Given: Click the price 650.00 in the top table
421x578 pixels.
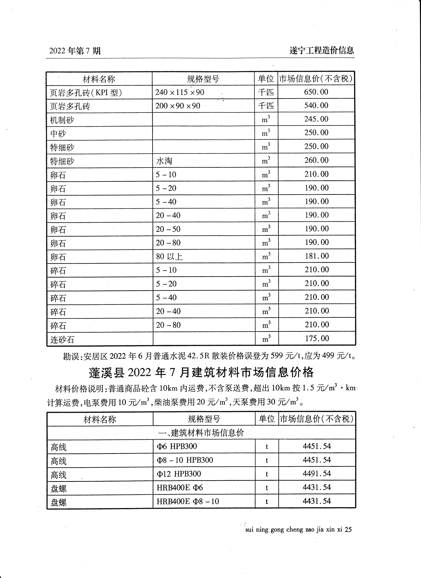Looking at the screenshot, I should click(316, 92).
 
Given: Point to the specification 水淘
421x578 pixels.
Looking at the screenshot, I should click(164, 161).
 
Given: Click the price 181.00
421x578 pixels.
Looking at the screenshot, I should click(317, 256).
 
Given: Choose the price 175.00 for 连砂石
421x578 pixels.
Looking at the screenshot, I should click(317, 338).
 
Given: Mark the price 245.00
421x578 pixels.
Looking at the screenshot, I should click(316, 119).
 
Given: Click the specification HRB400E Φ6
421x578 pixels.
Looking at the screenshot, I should click(180, 488).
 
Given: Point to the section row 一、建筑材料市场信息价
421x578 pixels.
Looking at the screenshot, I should click(201, 433).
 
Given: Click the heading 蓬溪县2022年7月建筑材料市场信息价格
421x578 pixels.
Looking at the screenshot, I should click(201, 373).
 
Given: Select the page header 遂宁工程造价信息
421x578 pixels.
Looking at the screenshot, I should click(322, 50).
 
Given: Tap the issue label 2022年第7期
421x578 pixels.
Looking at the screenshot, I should click(75, 51).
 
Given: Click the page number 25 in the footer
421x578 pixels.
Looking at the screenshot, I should click(348, 530).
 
